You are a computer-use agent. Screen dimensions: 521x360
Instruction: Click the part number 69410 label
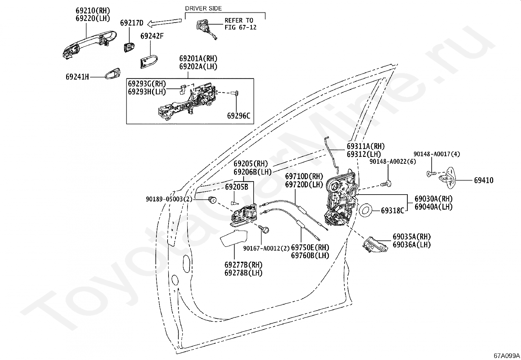coord(484,180)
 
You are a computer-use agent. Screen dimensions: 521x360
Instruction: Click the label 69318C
coord(393,211)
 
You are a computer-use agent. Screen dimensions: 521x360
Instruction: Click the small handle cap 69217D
coord(129,47)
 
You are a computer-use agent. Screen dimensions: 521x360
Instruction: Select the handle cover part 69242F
coord(148,62)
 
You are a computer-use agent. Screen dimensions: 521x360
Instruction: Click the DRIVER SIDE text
coord(203,9)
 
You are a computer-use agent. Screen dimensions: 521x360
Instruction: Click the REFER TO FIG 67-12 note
coord(241,24)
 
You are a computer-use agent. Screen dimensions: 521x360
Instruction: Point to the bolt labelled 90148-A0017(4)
coord(431,174)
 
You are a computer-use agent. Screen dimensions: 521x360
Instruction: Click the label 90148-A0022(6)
coord(393,161)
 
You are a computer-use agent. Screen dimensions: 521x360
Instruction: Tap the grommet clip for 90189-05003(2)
coord(212,199)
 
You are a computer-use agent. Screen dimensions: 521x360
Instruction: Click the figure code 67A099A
coord(507,355)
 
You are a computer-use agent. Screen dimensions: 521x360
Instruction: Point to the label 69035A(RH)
coord(412,237)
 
